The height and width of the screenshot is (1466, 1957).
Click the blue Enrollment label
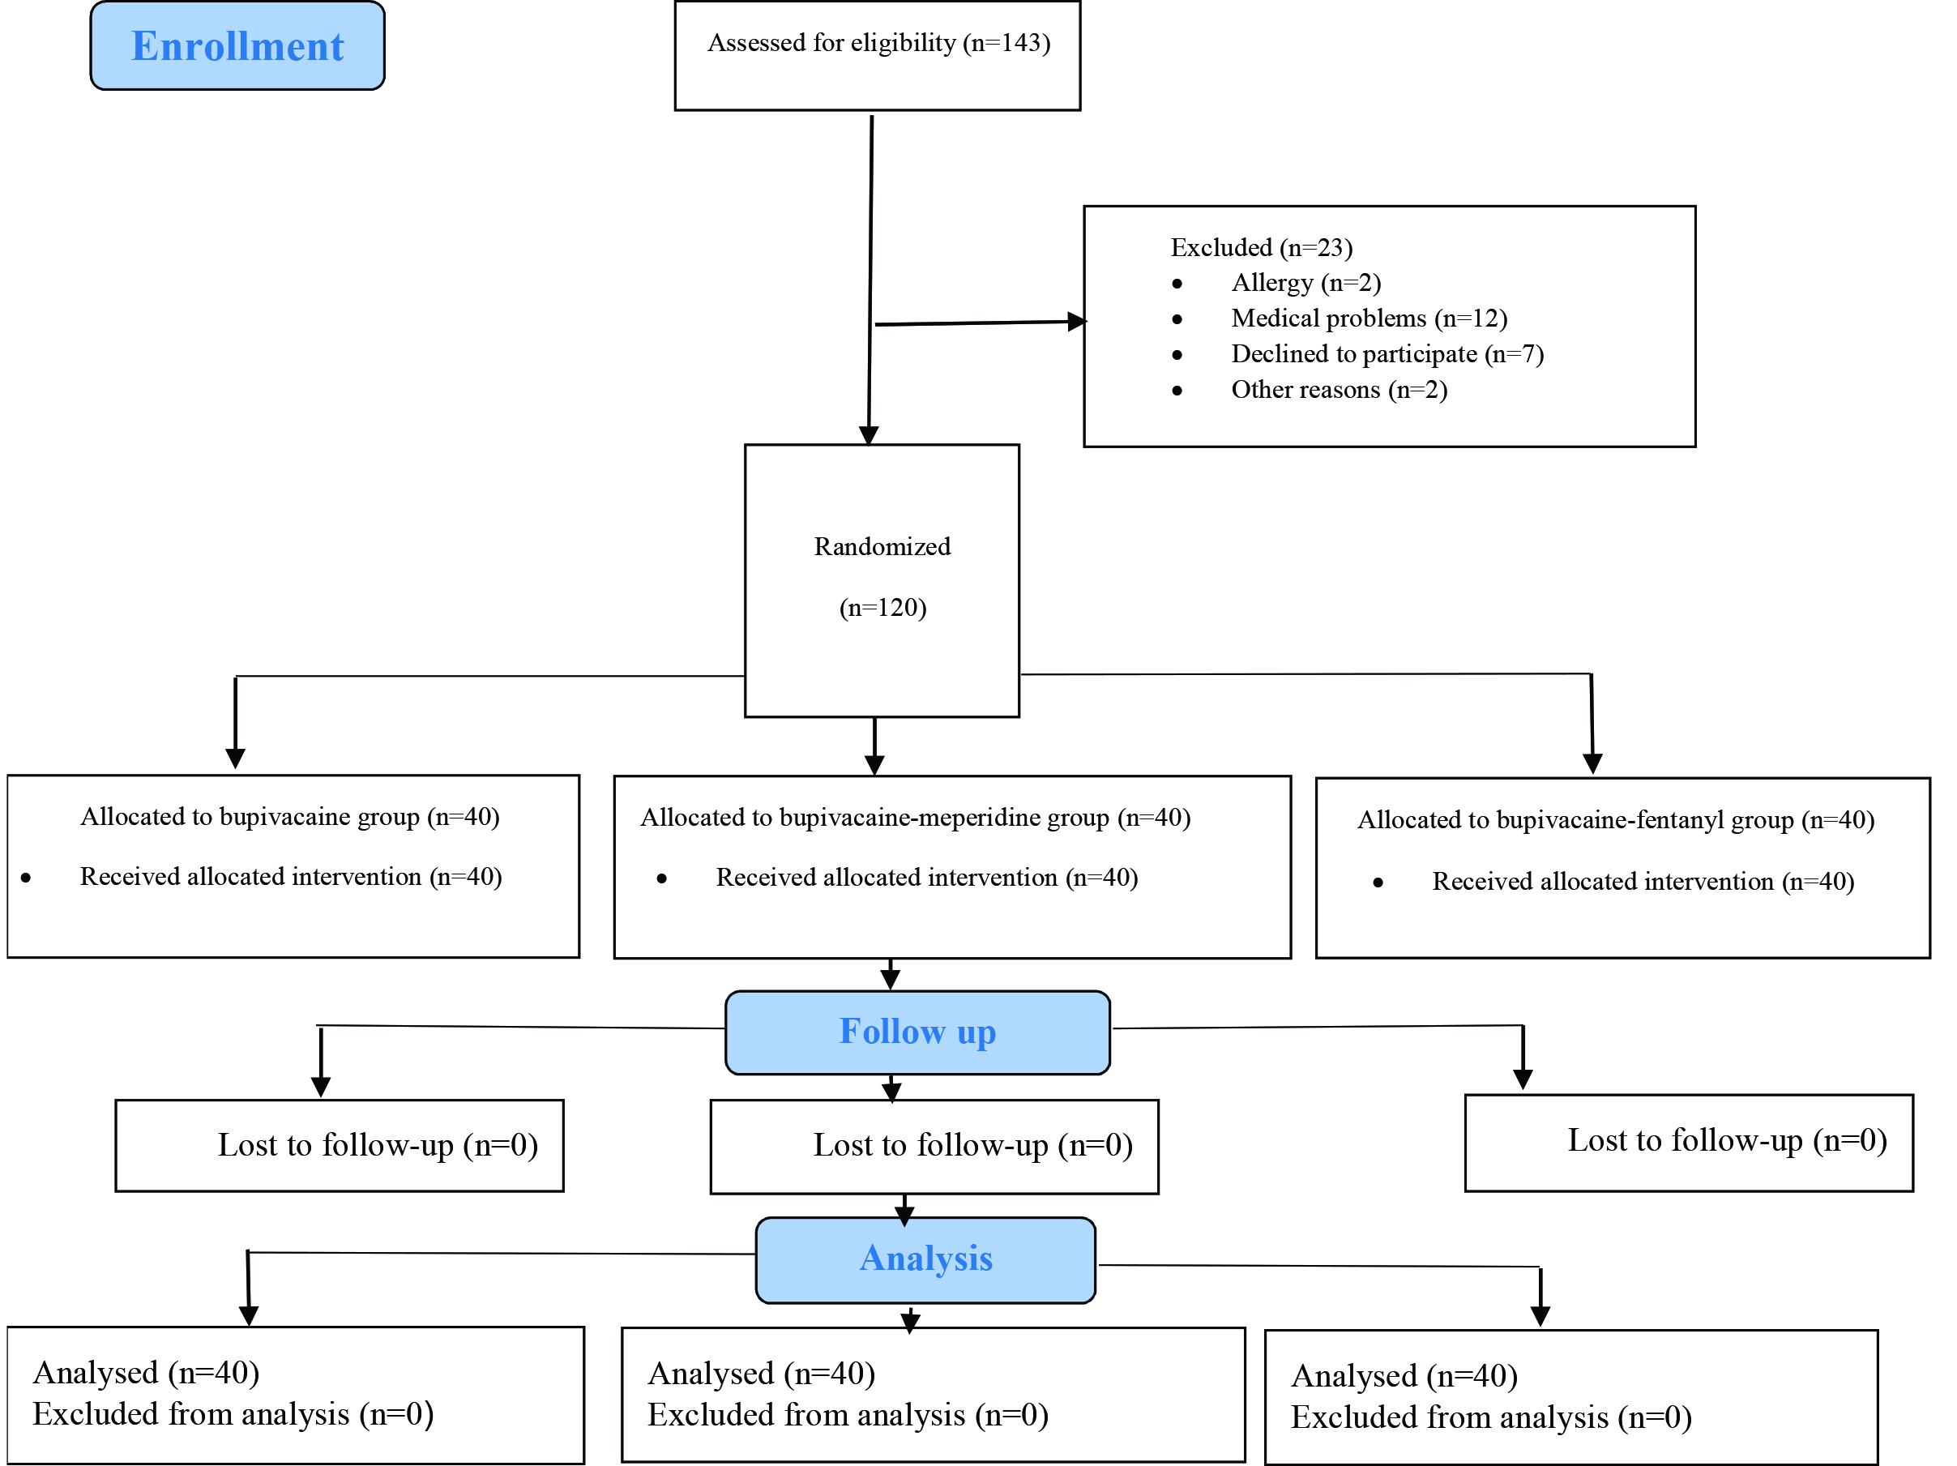point(237,46)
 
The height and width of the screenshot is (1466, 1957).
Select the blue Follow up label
point(917,1032)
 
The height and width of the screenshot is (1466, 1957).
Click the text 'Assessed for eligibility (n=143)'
point(878,42)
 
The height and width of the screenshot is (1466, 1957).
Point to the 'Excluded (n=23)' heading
point(1262,248)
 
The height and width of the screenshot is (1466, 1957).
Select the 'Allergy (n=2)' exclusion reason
point(1305,283)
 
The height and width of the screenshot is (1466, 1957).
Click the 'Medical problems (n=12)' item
point(1369,318)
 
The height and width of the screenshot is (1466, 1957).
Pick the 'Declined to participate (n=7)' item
point(1387,354)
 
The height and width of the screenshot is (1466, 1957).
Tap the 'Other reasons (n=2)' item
point(1340,390)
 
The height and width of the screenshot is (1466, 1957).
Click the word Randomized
point(882,547)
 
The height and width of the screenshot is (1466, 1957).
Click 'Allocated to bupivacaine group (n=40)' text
point(290,817)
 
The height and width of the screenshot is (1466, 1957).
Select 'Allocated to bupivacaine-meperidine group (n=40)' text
point(916,818)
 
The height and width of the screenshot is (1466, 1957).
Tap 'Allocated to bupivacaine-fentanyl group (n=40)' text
point(1617,820)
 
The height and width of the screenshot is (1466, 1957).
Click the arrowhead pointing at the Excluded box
point(1077,321)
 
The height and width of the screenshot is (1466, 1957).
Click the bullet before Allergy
point(1177,284)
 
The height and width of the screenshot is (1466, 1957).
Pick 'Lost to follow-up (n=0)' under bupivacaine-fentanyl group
point(1728,1140)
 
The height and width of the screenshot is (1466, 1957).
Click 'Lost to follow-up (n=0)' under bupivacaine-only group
point(378,1145)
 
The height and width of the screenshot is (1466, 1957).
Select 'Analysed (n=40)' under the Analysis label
point(762,1373)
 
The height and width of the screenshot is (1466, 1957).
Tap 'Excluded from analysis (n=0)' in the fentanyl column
point(1492,1417)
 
